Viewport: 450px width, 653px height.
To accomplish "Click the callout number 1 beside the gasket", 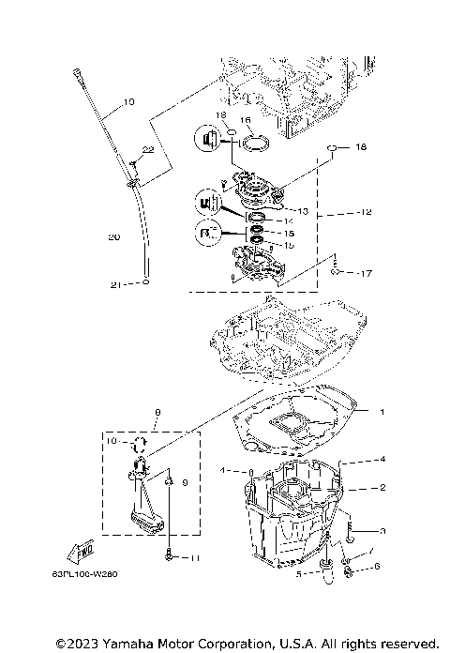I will [x=382, y=412].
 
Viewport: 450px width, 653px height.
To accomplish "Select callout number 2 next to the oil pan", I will [x=382, y=487].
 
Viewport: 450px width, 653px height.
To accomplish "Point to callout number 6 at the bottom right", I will [x=377, y=566].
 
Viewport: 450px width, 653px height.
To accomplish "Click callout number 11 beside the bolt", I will [x=196, y=558].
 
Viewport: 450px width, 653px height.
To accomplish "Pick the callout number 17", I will [x=365, y=273].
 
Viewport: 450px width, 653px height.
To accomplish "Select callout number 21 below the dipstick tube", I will [x=115, y=284].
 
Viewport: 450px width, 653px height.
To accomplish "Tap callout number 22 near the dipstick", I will [x=148, y=150].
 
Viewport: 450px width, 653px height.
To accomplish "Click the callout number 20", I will [x=113, y=237].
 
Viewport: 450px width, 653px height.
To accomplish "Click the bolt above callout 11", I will [x=167, y=553].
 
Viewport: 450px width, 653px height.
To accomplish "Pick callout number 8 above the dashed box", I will [x=158, y=412].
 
